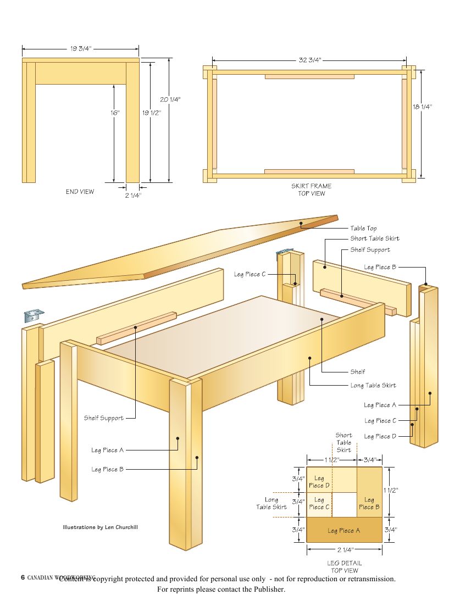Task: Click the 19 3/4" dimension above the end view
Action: click(80, 49)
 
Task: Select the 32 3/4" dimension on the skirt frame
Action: click(310, 60)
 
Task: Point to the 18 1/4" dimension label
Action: click(422, 107)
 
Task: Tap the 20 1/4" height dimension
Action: click(170, 99)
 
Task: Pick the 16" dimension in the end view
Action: click(114, 113)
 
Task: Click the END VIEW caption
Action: click(80, 192)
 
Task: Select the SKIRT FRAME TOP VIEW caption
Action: click(311, 190)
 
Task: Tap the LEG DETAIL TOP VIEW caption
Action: click(344, 566)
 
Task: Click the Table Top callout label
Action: click(363, 228)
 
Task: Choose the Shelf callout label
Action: click(357, 372)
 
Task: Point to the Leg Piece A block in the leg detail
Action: click(344, 530)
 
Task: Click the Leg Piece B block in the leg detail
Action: click(369, 504)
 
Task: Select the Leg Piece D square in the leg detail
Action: click(319, 482)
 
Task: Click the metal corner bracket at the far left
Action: click(34, 315)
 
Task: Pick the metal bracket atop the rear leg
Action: click(282, 252)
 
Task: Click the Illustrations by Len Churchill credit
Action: click(100, 527)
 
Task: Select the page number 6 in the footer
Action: click(23, 577)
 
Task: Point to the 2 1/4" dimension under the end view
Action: click(132, 194)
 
